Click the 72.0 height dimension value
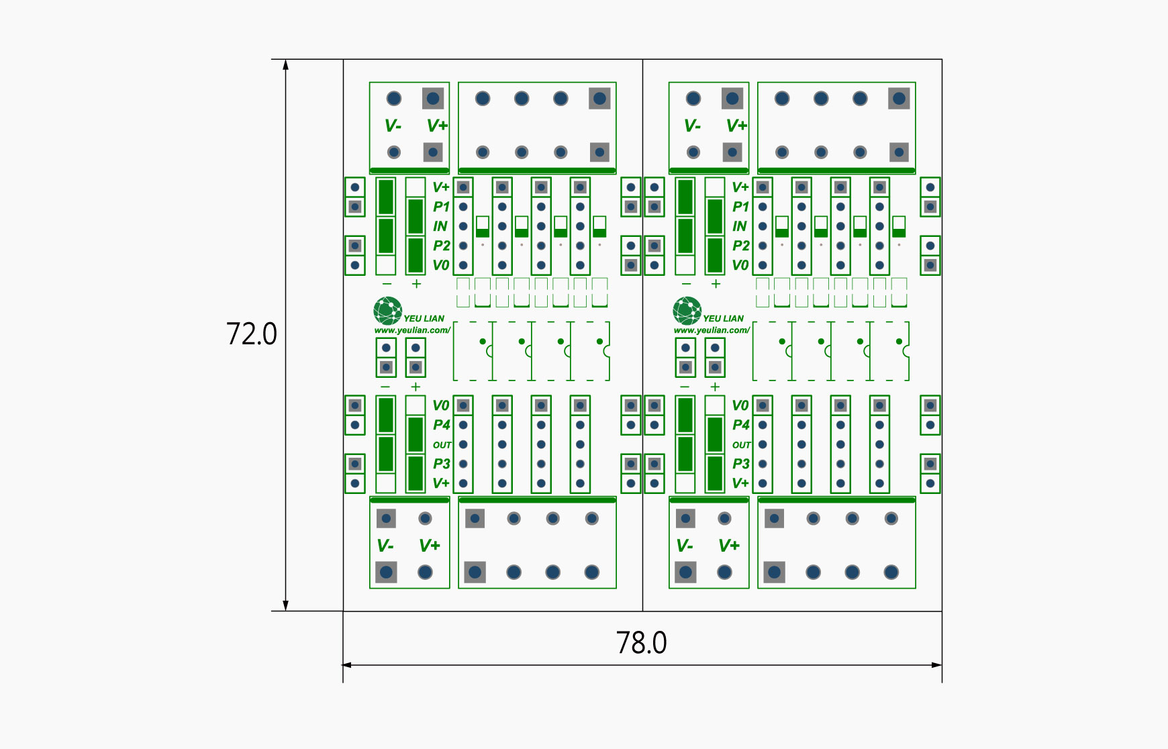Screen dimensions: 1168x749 tap(252, 334)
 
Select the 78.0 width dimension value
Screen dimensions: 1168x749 tap(642, 642)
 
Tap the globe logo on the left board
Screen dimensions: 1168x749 tap(388, 311)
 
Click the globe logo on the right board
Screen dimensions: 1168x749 tap(687, 311)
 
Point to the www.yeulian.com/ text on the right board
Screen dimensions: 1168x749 tap(712, 330)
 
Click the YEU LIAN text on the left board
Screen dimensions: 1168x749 tap(424, 318)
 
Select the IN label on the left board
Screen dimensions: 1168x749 tap(440, 226)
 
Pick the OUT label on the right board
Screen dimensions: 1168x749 tap(741, 445)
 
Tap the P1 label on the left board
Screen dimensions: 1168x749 tap(441, 207)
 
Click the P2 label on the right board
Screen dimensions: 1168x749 tap(740, 246)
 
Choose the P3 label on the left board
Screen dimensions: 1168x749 tap(441, 464)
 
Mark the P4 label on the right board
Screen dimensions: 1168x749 tap(740, 425)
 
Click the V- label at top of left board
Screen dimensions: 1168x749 tap(393, 126)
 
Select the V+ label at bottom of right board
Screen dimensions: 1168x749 tap(729, 546)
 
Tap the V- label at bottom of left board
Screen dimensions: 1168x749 tap(385, 546)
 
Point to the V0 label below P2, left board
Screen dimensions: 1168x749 tap(440, 265)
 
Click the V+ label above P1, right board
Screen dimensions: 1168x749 tap(740, 187)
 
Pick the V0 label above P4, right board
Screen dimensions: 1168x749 tap(740, 405)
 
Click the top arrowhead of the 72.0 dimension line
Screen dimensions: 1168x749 tap(285, 64)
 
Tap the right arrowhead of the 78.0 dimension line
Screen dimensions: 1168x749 tap(937, 665)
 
